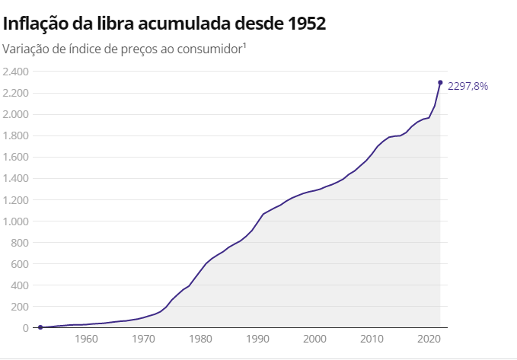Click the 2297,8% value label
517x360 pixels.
point(468,86)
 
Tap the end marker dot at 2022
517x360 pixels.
point(440,82)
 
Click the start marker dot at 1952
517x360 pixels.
point(40,327)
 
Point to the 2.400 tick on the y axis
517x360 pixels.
point(15,72)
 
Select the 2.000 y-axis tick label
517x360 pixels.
point(15,114)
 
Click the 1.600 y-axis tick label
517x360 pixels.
point(15,158)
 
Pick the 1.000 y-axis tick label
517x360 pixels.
point(15,221)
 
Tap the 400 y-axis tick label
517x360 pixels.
point(19,285)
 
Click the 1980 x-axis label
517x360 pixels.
point(200,339)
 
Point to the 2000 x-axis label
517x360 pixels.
point(314,339)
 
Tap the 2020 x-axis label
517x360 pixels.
point(429,339)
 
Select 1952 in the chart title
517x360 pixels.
point(306,24)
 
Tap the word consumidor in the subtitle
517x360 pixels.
point(206,49)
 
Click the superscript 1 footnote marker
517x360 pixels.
point(244,46)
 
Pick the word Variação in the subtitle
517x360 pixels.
point(25,49)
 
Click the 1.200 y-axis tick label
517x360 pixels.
point(15,200)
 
